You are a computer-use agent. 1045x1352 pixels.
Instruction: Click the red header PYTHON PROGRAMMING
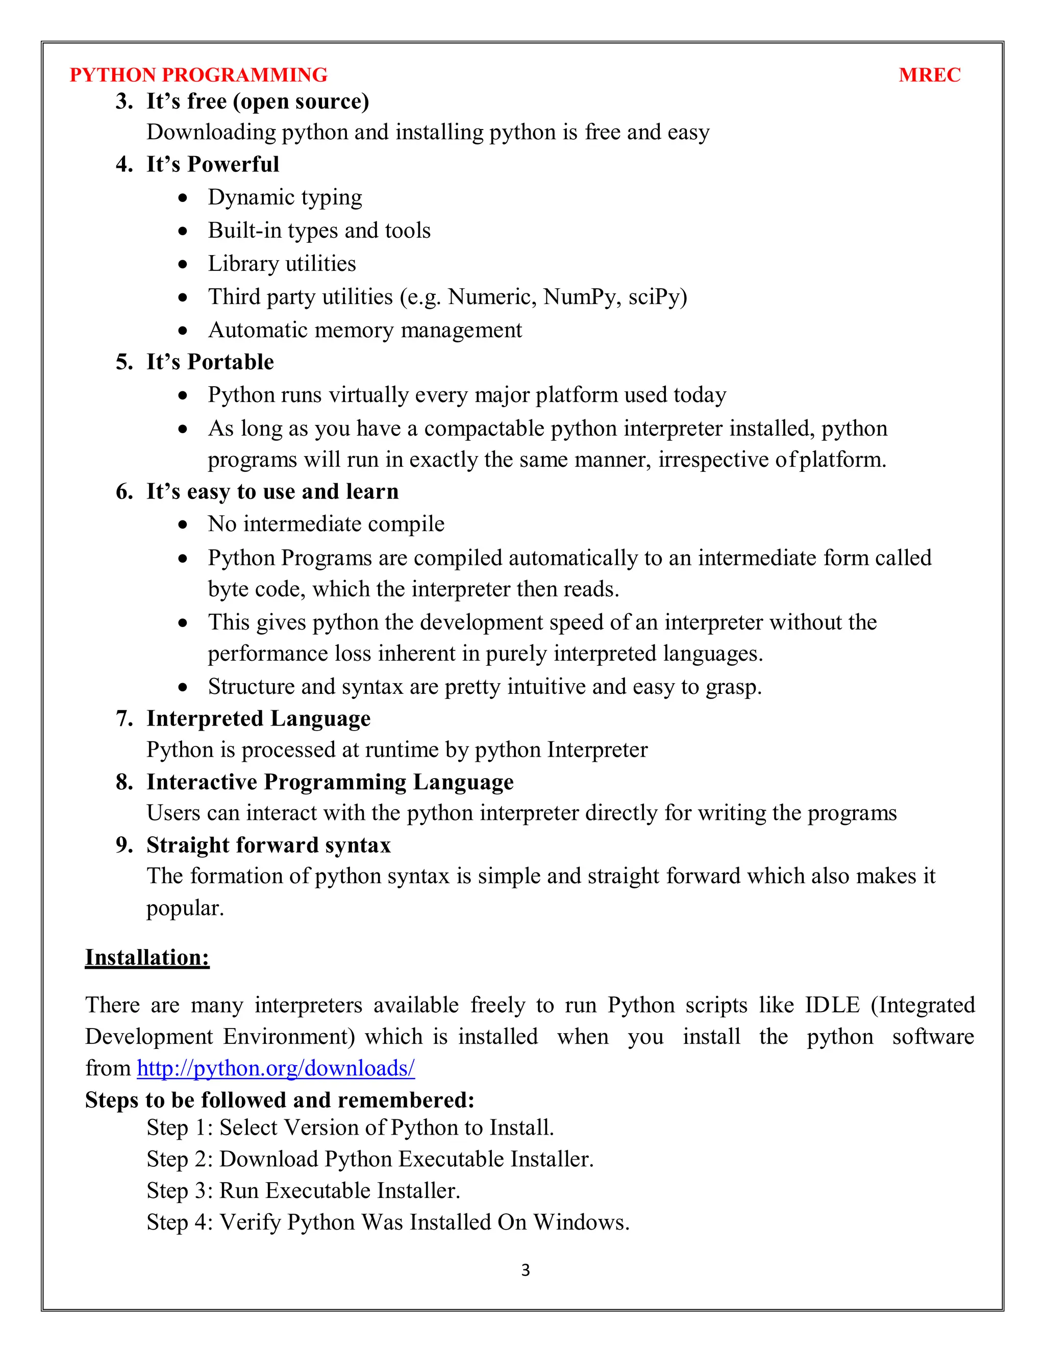click(198, 75)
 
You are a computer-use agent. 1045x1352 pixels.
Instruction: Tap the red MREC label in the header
click(929, 75)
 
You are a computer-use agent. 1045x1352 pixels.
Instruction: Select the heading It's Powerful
click(212, 164)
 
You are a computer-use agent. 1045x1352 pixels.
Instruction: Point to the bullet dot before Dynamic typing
click(183, 198)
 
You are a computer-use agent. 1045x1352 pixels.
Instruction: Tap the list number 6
click(122, 491)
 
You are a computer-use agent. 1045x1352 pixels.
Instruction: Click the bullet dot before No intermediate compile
click(183, 525)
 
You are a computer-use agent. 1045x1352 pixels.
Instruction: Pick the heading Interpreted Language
click(258, 719)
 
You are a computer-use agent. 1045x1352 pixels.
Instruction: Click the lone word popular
click(185, 908)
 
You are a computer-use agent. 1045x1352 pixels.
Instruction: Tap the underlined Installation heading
click(147, 958)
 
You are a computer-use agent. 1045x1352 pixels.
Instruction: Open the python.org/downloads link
click(276, 1068)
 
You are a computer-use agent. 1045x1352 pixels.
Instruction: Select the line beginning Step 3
click(304, 1190)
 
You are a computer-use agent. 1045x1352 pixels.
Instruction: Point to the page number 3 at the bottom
click(525, 1270)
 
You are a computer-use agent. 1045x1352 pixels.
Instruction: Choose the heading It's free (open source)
click(257, 101)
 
